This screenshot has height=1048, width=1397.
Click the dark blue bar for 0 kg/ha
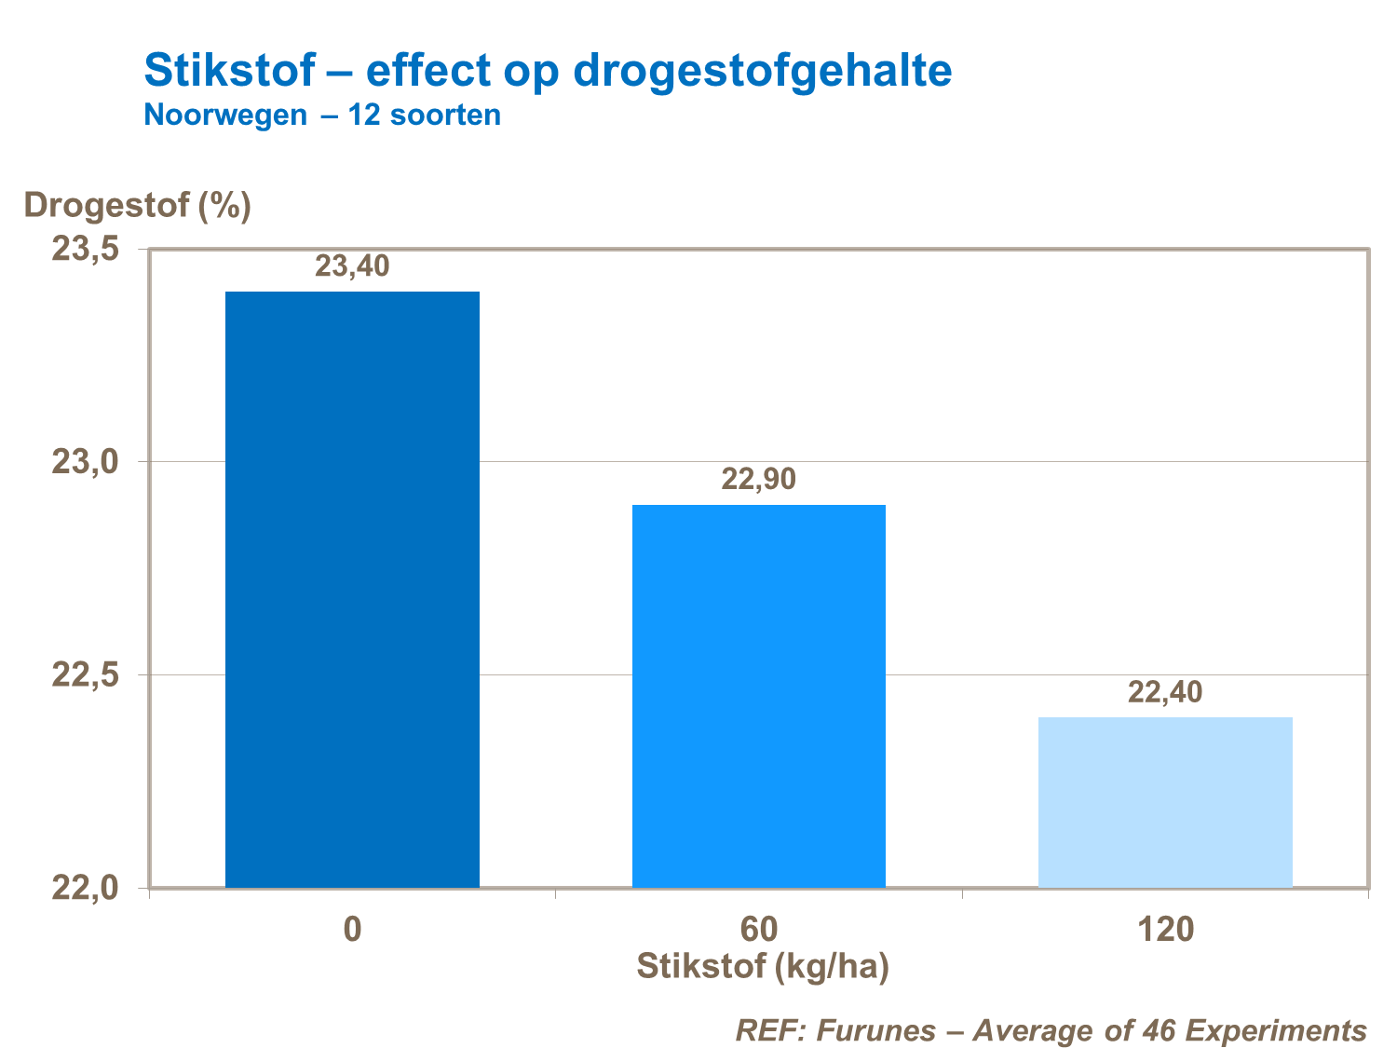pos(352,589)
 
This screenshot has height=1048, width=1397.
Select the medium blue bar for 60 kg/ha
pos(758,695)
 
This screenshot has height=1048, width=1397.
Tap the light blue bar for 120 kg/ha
pos(1164,801)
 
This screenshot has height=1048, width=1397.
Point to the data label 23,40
pos(352,267)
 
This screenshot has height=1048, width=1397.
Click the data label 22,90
pos(758,480)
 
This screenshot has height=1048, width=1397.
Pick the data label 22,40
pos(1164,692)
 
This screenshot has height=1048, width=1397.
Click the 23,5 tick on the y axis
pos(85,250)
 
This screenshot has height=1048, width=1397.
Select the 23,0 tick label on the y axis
pos(85,462)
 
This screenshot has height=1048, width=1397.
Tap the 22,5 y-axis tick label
pos(85,674)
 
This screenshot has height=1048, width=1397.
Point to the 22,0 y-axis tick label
pos(85,888)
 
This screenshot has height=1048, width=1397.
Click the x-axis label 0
pos(352,930)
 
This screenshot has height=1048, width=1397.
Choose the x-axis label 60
pos(758,930)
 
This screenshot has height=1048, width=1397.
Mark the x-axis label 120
pos(1164,930)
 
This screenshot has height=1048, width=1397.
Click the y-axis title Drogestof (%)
pos(138,205)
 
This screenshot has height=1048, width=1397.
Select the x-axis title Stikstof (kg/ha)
pos(763,967)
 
